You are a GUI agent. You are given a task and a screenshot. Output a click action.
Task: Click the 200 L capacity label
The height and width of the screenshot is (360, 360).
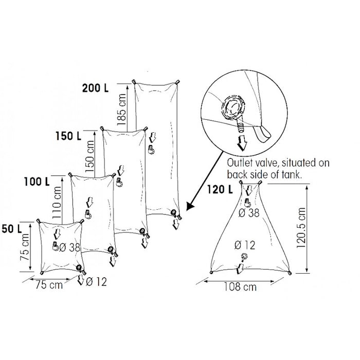click(x=95, y=88)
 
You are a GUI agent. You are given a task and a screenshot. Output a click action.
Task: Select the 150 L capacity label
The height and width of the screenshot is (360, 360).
click(x=68, y=136)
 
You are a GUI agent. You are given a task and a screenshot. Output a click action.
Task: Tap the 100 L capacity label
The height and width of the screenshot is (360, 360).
click(x=37, y=182)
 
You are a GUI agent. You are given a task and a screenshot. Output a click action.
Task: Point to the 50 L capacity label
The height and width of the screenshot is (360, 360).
click(x=12, y=229)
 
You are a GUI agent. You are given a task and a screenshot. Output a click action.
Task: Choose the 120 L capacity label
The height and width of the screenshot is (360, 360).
click(x=220, y=190)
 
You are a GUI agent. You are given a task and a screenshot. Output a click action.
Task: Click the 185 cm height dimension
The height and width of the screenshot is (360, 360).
click(x=121, y=110)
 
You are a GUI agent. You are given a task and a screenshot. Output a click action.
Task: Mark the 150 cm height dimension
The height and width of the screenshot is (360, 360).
click(x=89, y=156)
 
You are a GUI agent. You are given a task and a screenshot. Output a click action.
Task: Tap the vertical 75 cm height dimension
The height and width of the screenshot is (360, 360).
click(x=25, y=247)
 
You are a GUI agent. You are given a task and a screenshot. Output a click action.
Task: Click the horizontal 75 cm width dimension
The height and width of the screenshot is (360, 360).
click(x=49, y=285)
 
